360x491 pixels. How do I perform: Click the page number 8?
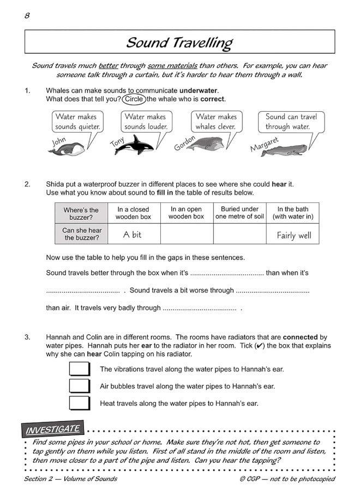tap(27, 15)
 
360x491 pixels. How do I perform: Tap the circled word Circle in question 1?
tap(134, 99)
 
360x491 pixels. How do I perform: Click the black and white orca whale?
tap(134, 146)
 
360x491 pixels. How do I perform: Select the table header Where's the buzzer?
tap(81, 213)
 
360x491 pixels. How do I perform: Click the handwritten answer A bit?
tap(133, 235)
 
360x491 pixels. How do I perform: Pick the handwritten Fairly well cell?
tap(293, 235)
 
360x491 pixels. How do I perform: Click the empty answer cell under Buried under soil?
tap(239, 234)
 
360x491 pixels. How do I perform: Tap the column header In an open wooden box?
tap(186, 213)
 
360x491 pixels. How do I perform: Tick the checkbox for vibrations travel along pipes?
tap(80, 369)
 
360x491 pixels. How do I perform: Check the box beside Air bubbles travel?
tap(80, 386)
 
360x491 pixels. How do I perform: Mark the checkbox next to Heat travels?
tap(80, 403)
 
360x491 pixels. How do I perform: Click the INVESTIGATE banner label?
tap(53, 429)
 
